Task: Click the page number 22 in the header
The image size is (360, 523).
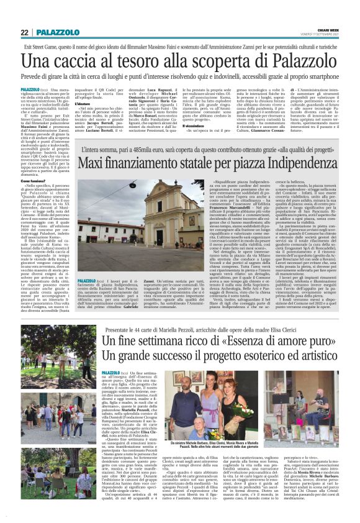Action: (x=24, y=32)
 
